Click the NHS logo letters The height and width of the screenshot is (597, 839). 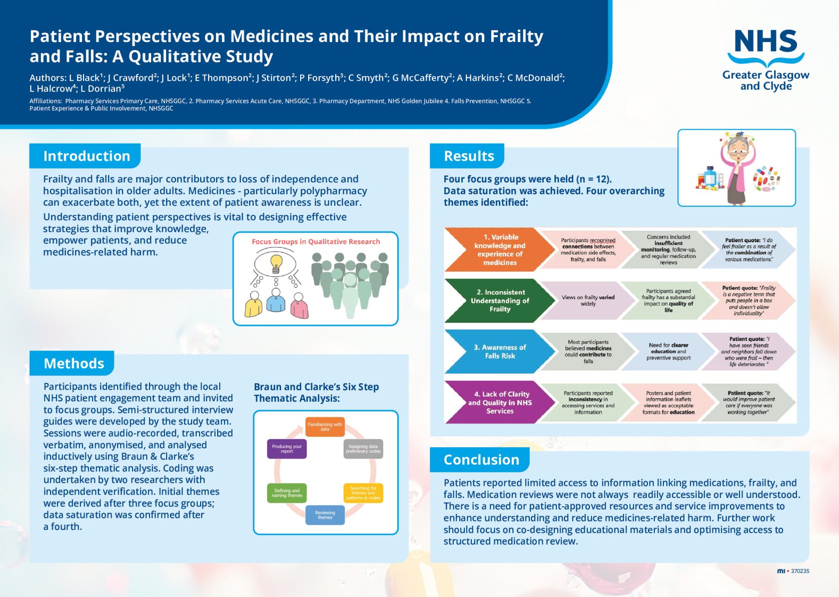point(765,41)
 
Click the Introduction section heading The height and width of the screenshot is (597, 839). point(87,156)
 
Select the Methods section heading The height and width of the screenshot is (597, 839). point(74,363)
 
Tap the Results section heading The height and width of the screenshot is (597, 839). point(469,156)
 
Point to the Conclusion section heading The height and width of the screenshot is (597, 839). point(481,460)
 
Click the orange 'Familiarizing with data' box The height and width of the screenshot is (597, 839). point(325,426)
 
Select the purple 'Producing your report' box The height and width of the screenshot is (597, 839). point(287,448)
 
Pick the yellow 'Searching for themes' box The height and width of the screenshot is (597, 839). point(363,493)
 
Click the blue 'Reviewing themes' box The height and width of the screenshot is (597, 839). point(325,514)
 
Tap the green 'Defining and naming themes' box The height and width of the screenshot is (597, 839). point(287,493)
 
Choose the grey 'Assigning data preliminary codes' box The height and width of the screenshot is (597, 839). point(363,448)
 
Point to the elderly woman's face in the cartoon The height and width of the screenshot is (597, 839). point(736,148)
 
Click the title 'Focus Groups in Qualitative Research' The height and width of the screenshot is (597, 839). point(316,242)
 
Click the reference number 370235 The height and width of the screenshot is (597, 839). point(800,571)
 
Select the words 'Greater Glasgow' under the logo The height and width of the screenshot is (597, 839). point(765,75)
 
